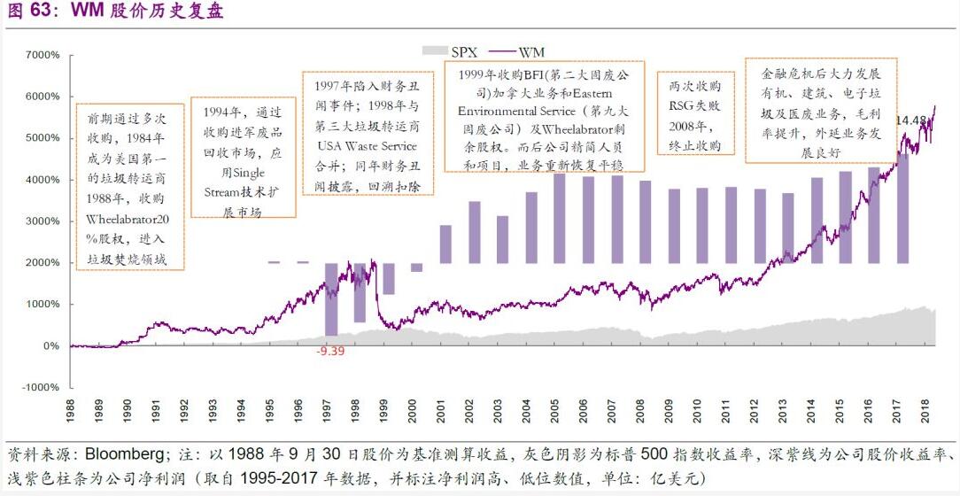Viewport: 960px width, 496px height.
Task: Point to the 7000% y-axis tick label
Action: click(x=42, y=55)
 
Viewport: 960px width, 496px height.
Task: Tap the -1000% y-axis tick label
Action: click(x=40, y=387)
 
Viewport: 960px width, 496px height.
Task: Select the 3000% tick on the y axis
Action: click(x=42, y=221)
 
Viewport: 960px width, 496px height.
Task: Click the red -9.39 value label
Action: click(x=331, y=351)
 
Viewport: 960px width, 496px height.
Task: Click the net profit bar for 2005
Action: click(x=560, y=218)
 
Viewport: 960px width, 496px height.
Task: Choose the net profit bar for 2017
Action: click(x=902, y=207)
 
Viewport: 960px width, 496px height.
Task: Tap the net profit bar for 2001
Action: click(x=445, y=244)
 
